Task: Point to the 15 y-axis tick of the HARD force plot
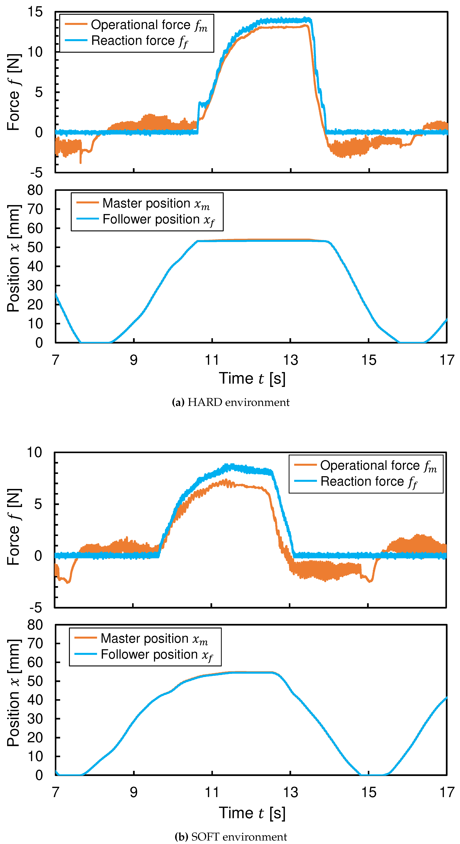(35, 12)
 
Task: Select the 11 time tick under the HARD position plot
(212, 360)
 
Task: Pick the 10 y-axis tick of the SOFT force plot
(34, 453)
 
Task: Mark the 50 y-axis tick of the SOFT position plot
(35, 681)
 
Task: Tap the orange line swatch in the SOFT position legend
(86, 638)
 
